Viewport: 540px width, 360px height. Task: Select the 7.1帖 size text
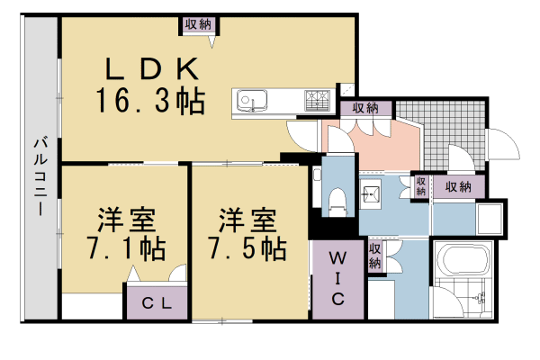[x=125, y=247]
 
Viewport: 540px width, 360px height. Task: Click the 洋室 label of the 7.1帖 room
[x=125, y=220]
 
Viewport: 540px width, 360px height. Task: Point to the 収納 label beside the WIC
[x=374, y=256]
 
